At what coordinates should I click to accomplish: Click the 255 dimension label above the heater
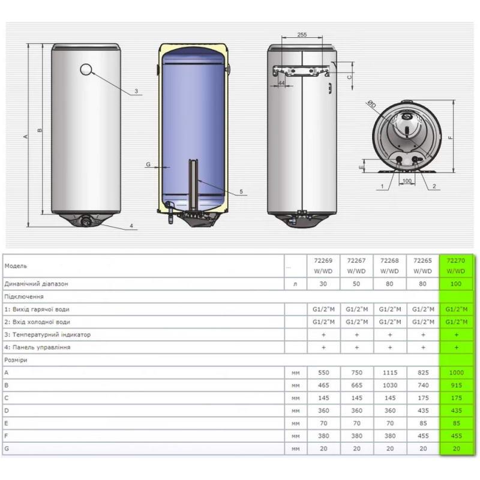pyautogui.click(x=302, y=35)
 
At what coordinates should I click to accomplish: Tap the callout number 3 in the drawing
pyautogui.click(x=136, y=91)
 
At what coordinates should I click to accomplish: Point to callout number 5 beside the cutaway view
pyautogui.click(x=241, y=191)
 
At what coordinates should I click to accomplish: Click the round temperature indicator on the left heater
pyautogui.click(x=86, y=70)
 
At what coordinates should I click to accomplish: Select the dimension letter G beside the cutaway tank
pyautogui.click(x=148, y=164)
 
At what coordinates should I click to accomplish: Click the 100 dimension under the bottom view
pyautogui.click(x=407, y=181)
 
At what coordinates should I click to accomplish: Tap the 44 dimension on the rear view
pyautogui.click(x=281, y=83)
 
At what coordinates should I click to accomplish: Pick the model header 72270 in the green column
pyautogui.click(x=456, y=260)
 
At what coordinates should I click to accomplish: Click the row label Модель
pyautogui.click(x=16, y=266)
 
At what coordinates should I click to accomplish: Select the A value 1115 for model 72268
pyautogui.click(x=389, y=373)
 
